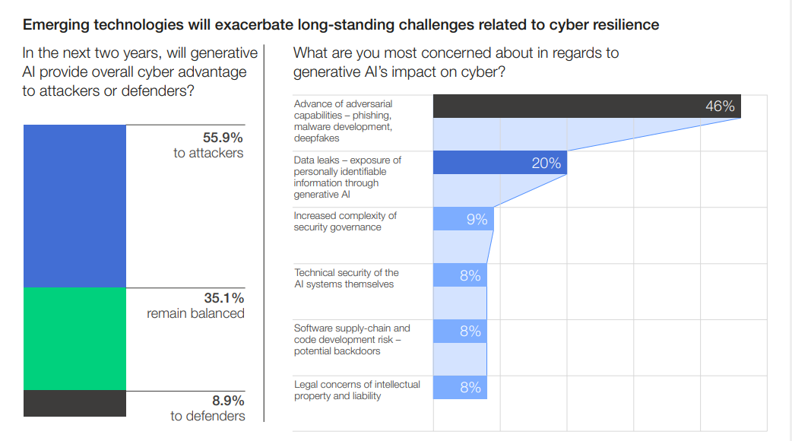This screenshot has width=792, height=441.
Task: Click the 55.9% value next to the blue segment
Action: (222, 138)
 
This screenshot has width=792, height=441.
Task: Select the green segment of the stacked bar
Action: (74, 338)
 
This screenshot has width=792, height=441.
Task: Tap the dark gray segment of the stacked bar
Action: (74, 403)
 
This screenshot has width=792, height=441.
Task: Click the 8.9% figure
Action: (227, 400)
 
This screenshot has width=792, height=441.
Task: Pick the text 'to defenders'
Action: (208, 416)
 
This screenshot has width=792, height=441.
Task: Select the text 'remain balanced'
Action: (195, 313)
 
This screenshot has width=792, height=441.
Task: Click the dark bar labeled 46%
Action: (586, 106)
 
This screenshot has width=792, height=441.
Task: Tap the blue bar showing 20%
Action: (499, 163)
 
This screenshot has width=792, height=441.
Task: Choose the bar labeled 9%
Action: (463, 219)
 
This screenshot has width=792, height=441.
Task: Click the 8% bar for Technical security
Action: (460, 275)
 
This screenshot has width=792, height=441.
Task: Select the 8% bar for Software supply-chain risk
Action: (460, 332)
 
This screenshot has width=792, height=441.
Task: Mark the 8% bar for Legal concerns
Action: (460, 388)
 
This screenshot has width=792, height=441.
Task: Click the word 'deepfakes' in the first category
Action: (316, 138)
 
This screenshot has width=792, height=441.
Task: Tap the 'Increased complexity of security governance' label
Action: (345, 221)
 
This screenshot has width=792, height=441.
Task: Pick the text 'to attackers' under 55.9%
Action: (208, 153)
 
